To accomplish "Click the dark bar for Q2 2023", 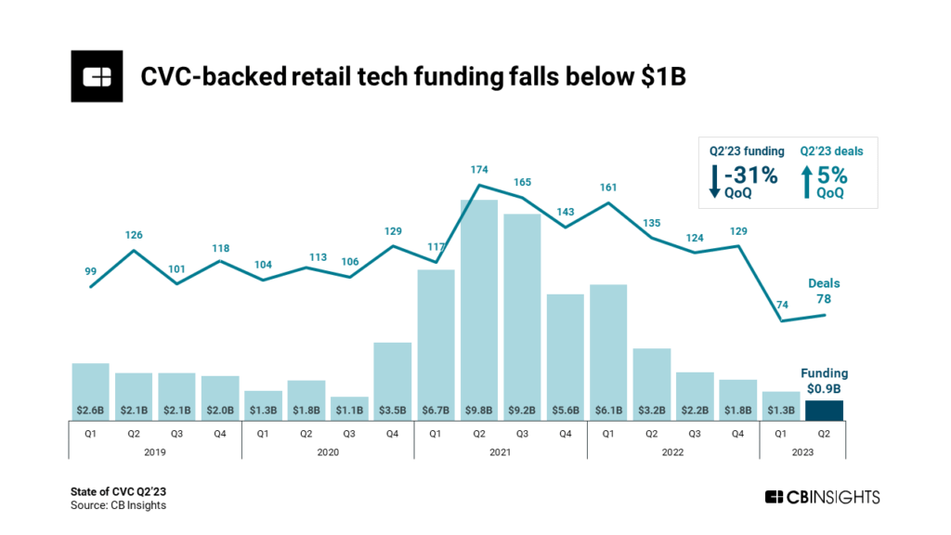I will tap(824, 411).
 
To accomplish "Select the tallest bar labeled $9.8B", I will tap(479, 307).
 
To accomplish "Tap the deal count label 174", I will tap(479, 169).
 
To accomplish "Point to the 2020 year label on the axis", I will tap(328, 451).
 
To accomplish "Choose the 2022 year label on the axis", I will tap(672, 451).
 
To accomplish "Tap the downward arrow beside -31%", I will tap(713, 180).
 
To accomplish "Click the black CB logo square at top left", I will tap(97, 76).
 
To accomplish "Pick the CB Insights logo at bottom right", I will tap(821, 497).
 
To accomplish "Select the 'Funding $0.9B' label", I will tap(824, 381).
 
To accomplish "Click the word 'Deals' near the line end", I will tap(823, 283).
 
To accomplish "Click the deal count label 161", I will tap(608, 187).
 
